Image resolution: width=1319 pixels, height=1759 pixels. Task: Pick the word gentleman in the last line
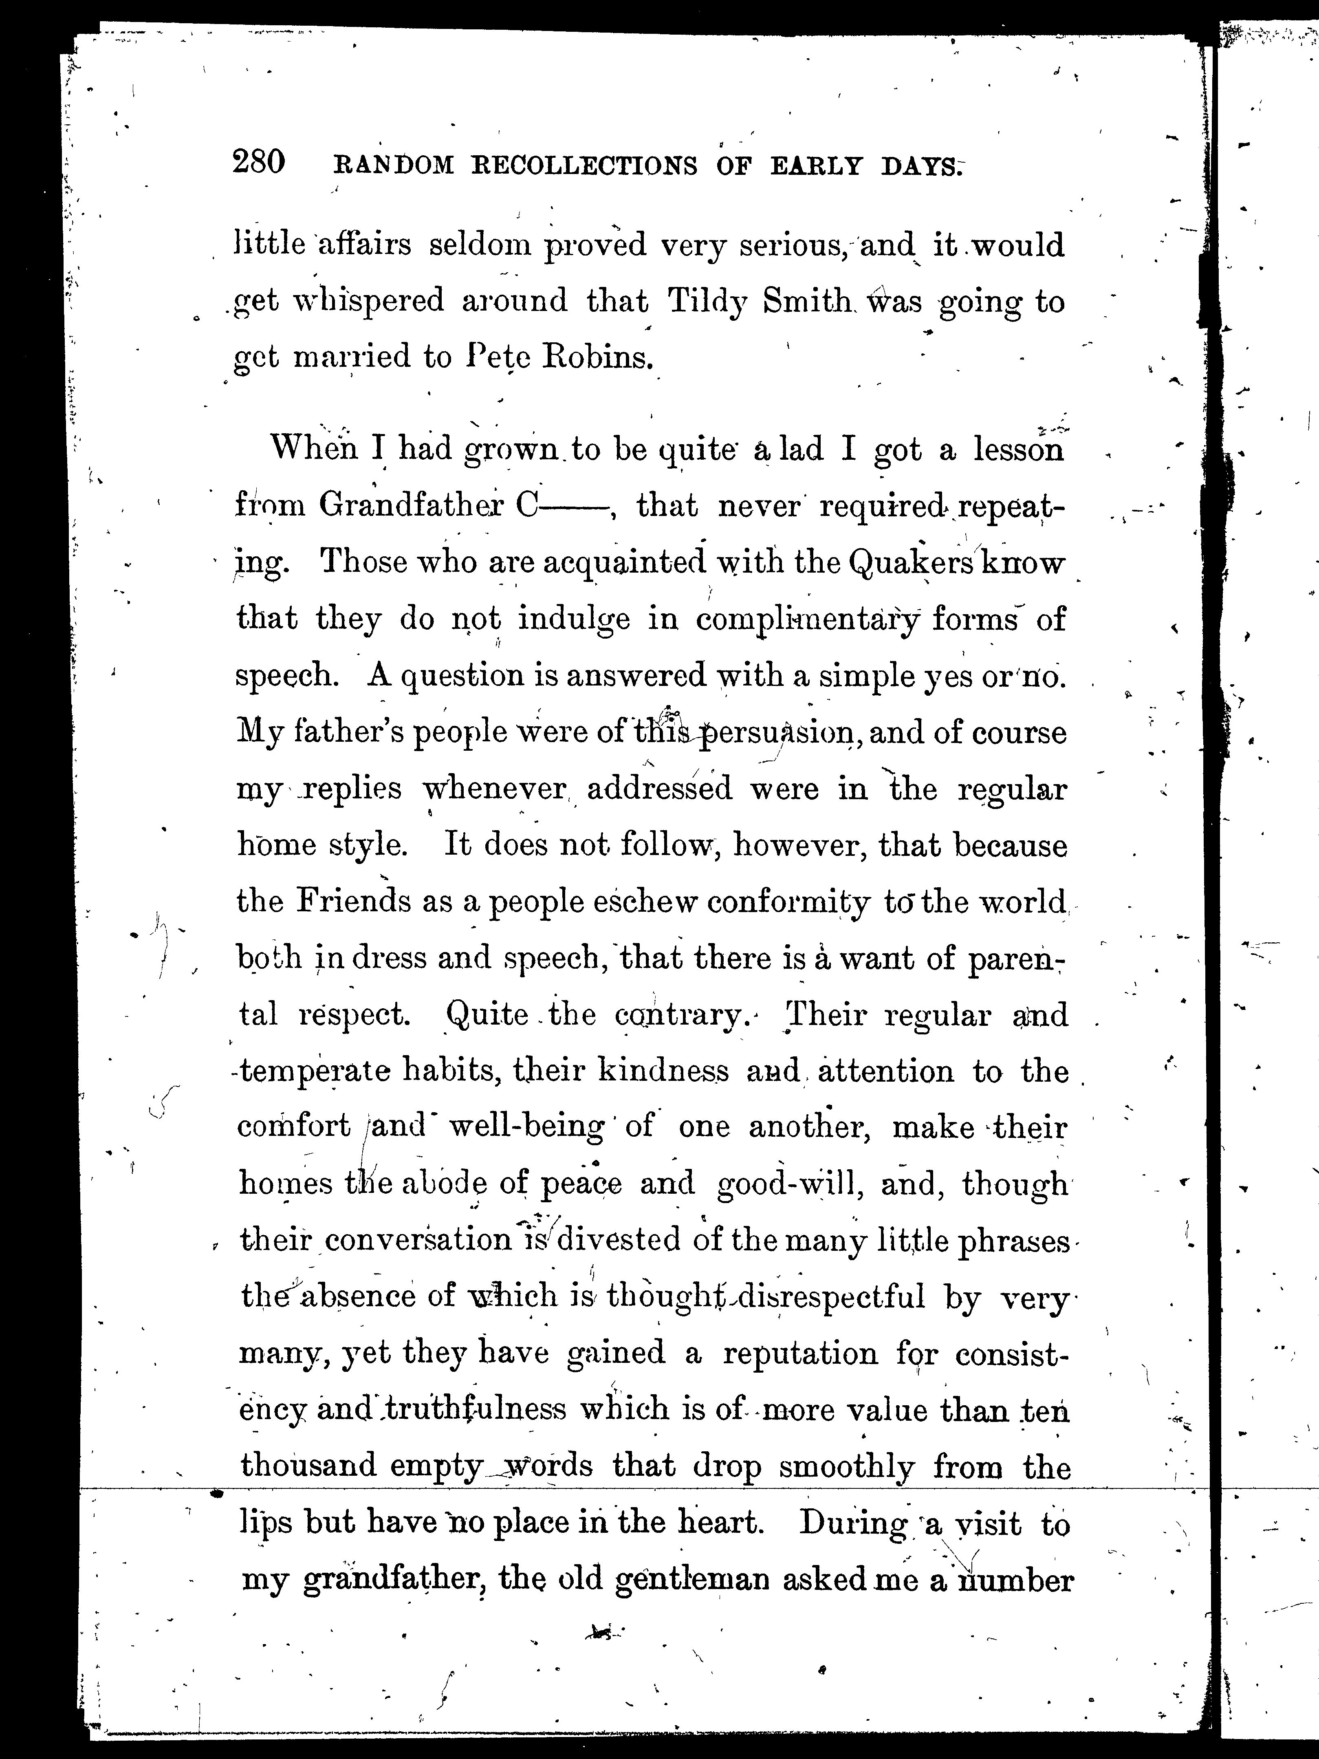tap(692, 1580)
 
